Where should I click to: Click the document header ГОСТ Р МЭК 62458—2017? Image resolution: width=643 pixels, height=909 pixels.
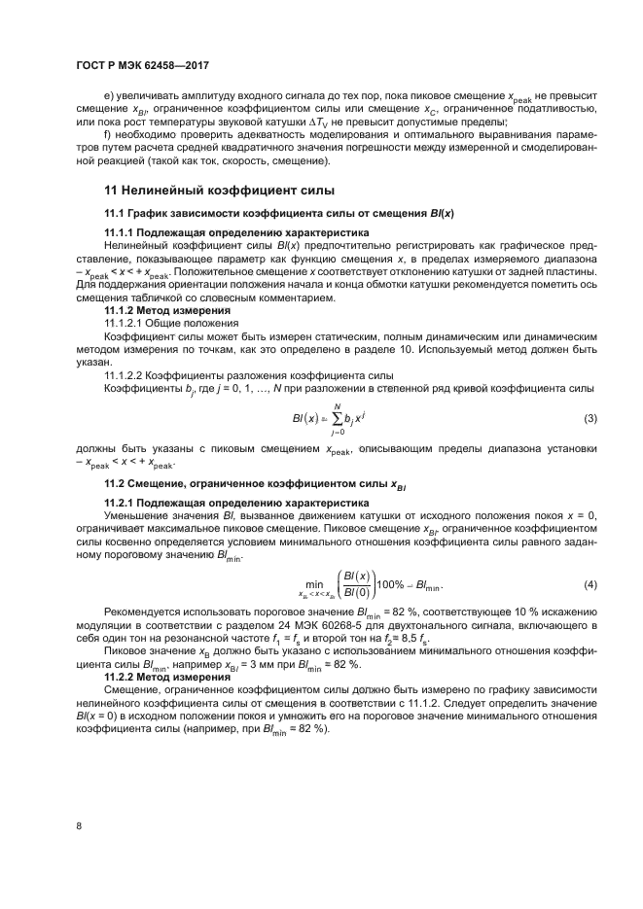143,65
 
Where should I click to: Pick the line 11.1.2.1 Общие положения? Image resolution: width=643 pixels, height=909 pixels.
170,322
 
